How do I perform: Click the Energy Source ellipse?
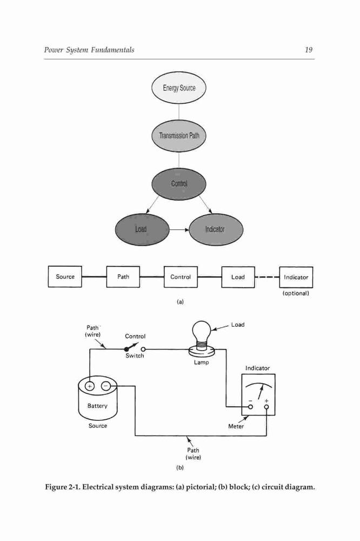pyautogui.click(x=178, y=88)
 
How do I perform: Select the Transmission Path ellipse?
pyautogui.click(x=178, y=136)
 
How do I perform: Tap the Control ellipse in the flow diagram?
pyautogui.click(x=178, y=183)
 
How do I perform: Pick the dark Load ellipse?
pyautogui.click(x=142, y=229)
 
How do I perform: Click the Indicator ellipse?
pyautogui.click(x=216, y=229)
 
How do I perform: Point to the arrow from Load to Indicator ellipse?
pyautogui.click(x=179, y=229)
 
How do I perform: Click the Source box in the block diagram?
pyautogui.click(x=65, y=276)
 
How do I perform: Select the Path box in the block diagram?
pyautogui.click(x=123, y=276)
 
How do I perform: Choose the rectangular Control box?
pyautogui.click(x=181, y=276)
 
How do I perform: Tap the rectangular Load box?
pyautogui.click(x=238, y=277)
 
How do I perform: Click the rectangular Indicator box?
pyautogui.click(x=296, y=277)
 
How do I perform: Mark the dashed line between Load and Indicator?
pyautogui.click(x=267, y=277)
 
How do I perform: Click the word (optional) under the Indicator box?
pyautogui.click(x=296, y=293)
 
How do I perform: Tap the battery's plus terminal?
pyautogui.click(x=89, y=386)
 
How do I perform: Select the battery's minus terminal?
pyautogui.click(x=106, y=386)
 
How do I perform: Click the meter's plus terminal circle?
pyautogui.click(x=266, y=407)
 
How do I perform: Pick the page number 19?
pyautogui.click(x=309, y=50)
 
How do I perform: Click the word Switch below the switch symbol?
pyautogui.click(x=135, y=356)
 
